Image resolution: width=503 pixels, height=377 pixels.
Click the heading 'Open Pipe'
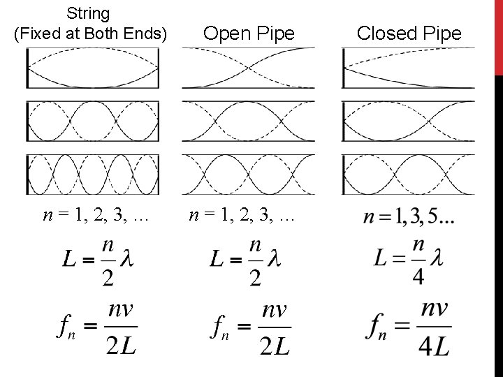point(249,34)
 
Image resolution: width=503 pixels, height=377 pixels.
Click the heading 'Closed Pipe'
point(409,34)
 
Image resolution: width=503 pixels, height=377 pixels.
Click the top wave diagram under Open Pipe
point(249,68)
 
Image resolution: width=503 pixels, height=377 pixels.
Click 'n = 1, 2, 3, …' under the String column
point(95,216)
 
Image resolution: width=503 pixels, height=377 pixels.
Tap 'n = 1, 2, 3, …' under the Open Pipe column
point(242,216)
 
